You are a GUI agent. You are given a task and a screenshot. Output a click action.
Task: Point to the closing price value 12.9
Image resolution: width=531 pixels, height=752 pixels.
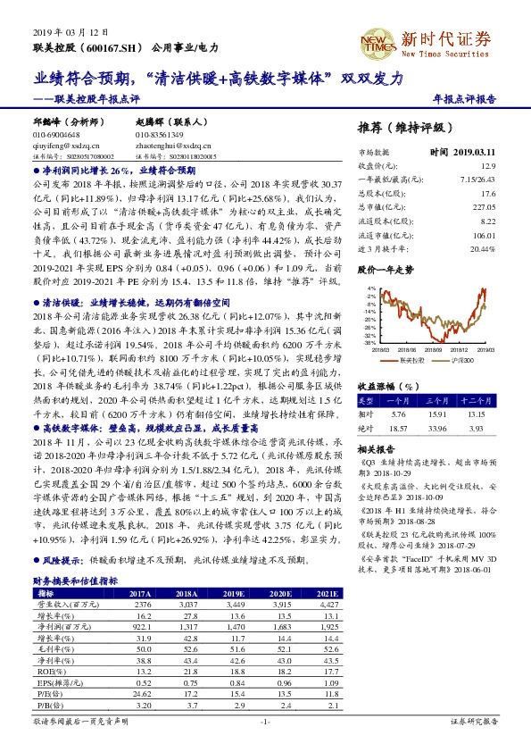click(488, 166)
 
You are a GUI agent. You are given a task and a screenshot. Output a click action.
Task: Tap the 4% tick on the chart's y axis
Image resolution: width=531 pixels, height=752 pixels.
click(367, 288)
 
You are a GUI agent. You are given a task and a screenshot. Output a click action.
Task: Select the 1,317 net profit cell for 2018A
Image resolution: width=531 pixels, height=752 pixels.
click(185, 626)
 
